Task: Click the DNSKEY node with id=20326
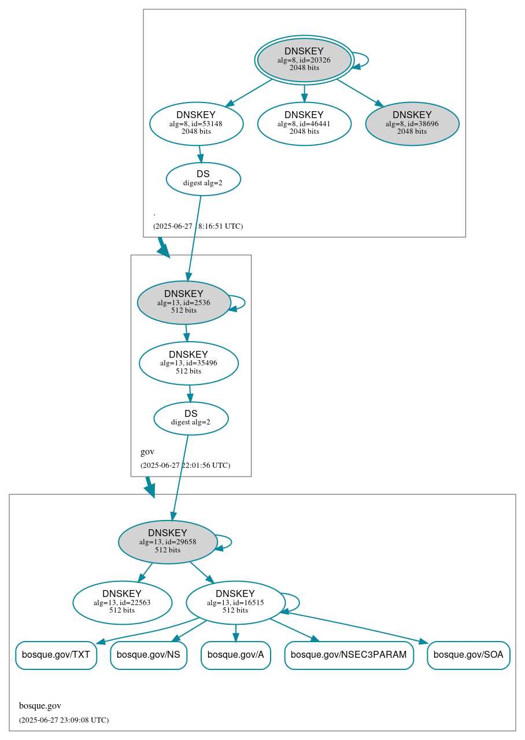304,60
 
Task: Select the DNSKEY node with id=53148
196,123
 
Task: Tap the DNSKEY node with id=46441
304,123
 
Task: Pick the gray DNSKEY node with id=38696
412,123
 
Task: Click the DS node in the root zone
203,178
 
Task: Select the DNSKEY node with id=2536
184,302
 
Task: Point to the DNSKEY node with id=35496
188,363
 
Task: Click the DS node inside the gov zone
191,418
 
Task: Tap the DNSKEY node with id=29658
168,542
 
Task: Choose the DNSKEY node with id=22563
122,603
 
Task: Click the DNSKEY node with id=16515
235,603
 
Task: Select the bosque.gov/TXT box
56,655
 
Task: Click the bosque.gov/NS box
149,655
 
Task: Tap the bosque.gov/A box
235,655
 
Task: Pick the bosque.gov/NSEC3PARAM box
349,655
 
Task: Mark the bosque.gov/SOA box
468,655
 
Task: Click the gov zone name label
147,452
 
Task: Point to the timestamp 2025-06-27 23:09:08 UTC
64,720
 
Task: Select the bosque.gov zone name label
40,706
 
